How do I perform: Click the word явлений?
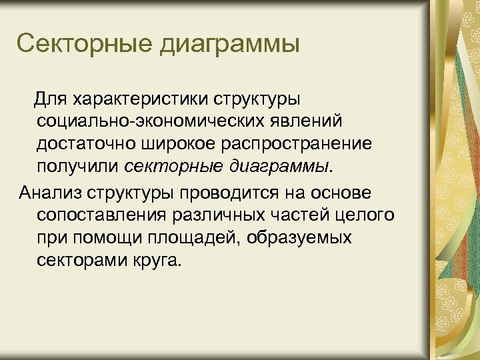[314, 122]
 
